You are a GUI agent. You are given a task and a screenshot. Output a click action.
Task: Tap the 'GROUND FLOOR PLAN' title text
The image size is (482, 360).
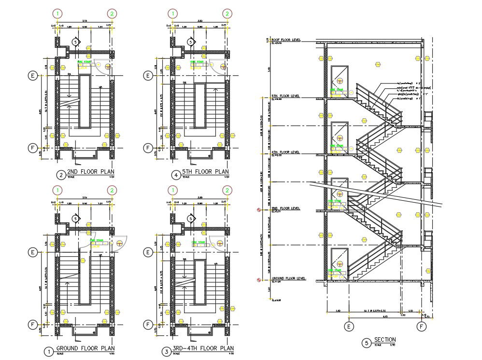pyautogui.click(x=85, y=348)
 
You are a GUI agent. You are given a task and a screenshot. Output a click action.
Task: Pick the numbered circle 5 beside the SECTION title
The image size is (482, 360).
pyautogui.click(x=367, y=343)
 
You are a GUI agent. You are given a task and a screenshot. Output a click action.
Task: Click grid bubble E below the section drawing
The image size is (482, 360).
pyautogui.click(x=349, y=327)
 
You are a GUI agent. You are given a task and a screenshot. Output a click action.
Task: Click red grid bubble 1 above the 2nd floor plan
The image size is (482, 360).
pyautogui.click(x=57, y=14)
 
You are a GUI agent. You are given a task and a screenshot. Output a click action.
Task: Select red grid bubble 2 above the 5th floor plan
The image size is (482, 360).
pyautogui.click(x=226, y=14)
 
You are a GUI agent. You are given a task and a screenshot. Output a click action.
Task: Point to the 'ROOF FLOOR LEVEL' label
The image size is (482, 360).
pyautogui.click(x=286, y=40)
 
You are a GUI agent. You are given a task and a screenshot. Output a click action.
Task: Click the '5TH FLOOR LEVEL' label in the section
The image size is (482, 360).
pyautogui.click(x=286, y=96)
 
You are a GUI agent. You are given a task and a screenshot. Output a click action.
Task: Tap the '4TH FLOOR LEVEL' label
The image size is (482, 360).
pyautogui.click(x=286, y=152)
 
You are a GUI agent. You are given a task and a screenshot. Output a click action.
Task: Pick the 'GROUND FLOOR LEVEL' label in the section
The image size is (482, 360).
pyautogui.click(x=289, y=278)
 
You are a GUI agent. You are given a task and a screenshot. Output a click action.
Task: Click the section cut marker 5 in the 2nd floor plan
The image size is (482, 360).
pyautogui.click(x=75, y=42)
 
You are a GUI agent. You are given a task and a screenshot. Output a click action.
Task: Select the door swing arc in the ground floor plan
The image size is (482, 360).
pyautogui.click(x=121, y=241)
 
